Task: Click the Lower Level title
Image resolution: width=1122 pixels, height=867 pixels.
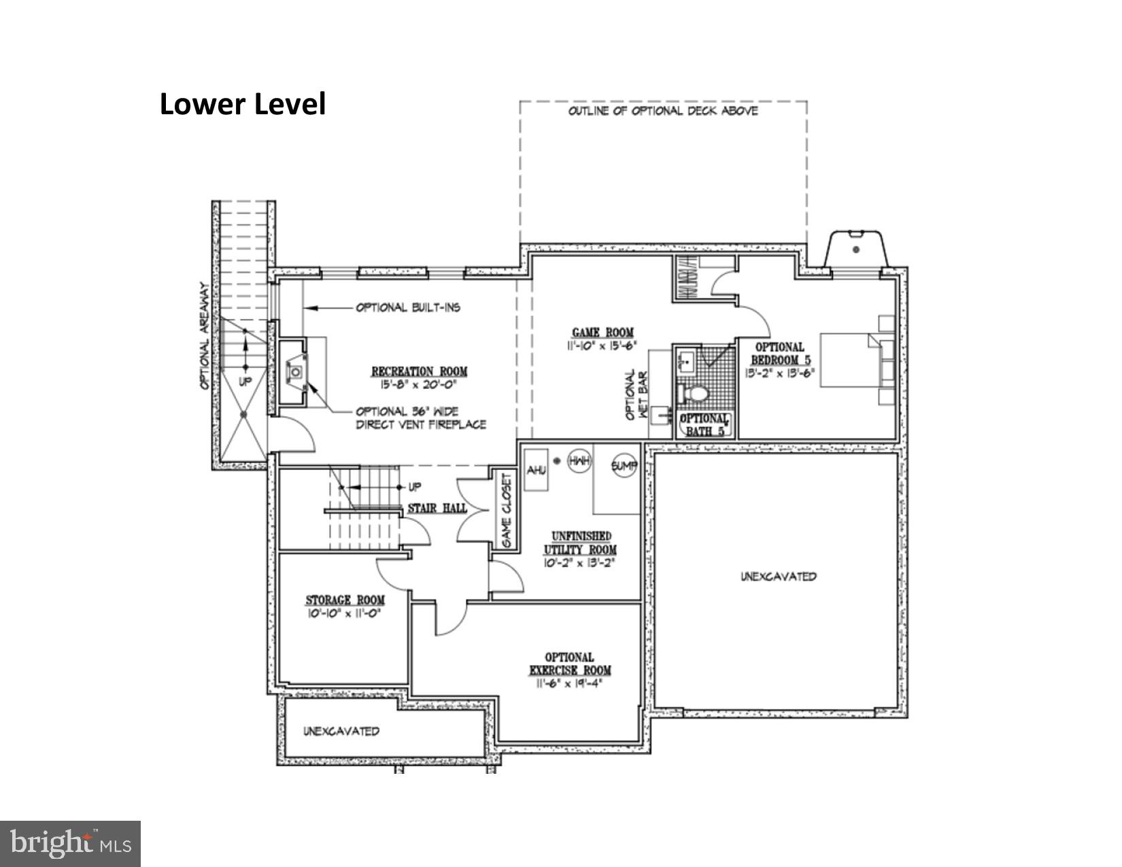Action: pos(243,104)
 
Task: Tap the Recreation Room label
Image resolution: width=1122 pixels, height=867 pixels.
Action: pos(419,371)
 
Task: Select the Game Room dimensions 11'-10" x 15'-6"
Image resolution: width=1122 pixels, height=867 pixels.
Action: pos(602,345)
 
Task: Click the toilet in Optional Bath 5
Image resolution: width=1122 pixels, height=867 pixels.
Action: pos(695,394)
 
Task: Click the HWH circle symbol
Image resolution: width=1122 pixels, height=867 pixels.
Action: pos(579,461)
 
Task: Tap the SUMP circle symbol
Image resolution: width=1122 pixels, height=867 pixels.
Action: pos(624,466)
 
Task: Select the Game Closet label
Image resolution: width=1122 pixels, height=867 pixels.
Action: pos(507,511)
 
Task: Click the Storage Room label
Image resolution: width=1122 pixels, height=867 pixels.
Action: pos(345,600)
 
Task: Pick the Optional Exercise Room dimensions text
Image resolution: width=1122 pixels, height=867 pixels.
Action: pos(570,683)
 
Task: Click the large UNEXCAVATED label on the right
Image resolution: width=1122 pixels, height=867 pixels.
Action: pos(778,577)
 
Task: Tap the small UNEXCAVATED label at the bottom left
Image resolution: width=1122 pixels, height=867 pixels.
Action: pos(341,732)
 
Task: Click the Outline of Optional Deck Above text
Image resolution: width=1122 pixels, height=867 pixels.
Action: pos(663,111)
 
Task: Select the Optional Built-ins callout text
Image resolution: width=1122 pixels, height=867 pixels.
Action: pos(408,307)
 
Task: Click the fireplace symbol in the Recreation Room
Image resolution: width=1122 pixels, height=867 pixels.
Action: pos(296,372)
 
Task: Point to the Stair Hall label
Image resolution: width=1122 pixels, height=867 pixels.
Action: pos(437,508)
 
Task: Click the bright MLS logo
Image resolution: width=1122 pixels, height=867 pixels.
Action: pos(70,843)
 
